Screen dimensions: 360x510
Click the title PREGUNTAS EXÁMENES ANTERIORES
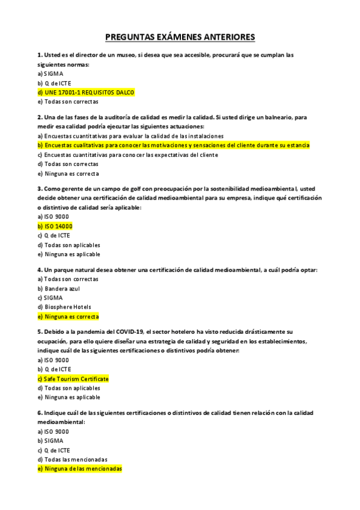coord(180,38)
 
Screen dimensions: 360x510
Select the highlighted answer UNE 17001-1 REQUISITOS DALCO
coord(86,93)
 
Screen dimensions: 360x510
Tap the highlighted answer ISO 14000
coord(55,226)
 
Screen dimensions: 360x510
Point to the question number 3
coord(39,188)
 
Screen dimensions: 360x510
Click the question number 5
coord(39,331)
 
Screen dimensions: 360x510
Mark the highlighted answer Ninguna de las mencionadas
coord(79,469)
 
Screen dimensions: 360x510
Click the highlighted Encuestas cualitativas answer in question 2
coord(173,146)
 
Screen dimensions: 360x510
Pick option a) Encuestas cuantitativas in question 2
coord(130,136)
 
